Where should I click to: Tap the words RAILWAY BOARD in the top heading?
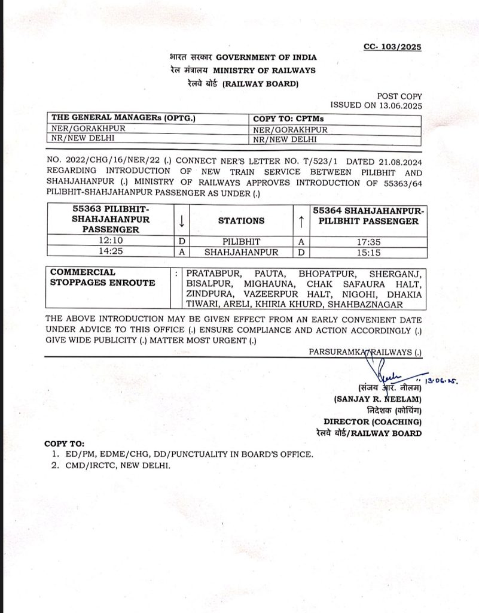[260, 84]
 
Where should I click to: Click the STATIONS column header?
[242, 221]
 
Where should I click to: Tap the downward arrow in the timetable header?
[181, 221]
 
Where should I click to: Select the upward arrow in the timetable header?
[301, 221]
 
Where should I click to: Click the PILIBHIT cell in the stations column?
[241, 241]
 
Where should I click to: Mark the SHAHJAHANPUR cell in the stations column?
[241, 252]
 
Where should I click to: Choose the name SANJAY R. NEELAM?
[378, 399]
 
